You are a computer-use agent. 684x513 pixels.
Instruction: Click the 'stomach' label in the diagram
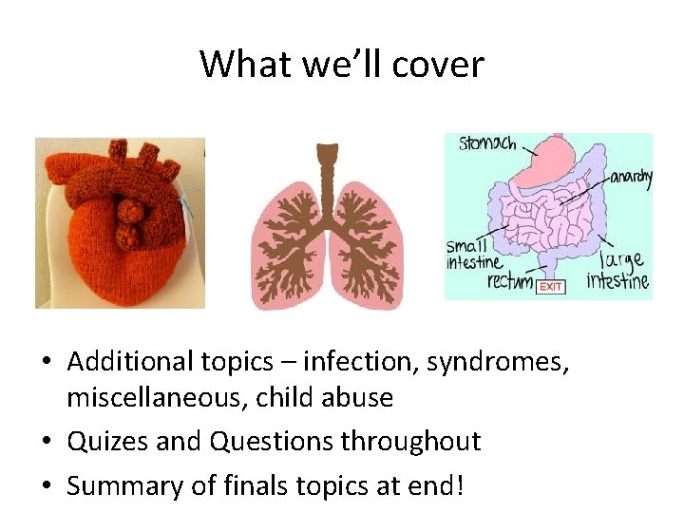487,144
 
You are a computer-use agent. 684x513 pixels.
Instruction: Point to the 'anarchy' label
630,178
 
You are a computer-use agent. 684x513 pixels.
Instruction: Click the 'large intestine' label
618,270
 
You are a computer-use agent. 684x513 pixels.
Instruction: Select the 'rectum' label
509,282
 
